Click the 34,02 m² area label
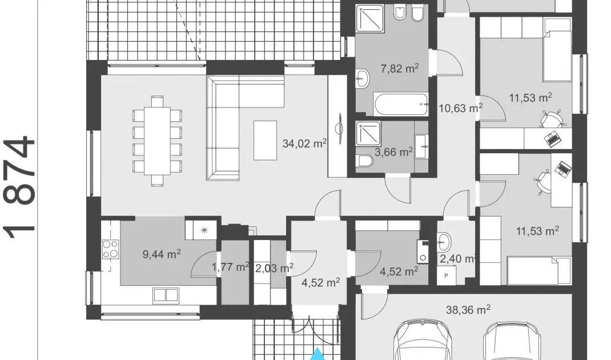(x=304, y=143)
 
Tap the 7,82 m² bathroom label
(x=399, y=69)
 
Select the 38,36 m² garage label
(x=468, y=310)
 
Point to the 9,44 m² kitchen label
(x=162, y=255)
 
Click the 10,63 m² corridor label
(x=461, y=107)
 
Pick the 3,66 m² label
(x=393, y=152)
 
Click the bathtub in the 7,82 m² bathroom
(x=401, y=104)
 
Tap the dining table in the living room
(x=157, y=141)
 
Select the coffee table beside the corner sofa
(x=265, y=141)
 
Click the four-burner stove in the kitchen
(x=110, y=249)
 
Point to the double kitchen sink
(x=166, y=295)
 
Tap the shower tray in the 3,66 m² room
(x=368, y=134)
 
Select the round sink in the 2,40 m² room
(x=444, y=242)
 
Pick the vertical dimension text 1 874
(x=19, y=187)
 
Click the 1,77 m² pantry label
(x=230, y=267)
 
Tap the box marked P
(x=447, y=275)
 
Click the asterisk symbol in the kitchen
(x=204, y=230)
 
